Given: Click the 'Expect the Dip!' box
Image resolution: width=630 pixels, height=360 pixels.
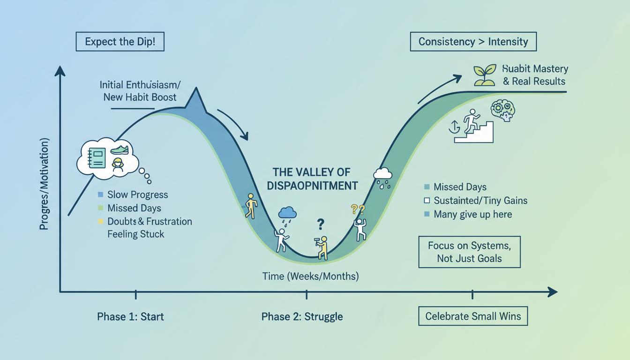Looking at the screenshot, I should (x=120, y=42).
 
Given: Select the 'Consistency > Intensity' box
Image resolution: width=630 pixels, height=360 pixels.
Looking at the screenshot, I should (x=473, y=42).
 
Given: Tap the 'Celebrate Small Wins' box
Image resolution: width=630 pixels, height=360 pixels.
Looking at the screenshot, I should (x=473, y=316).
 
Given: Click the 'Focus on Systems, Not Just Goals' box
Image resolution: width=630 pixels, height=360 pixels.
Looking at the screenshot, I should (x=469, y=252).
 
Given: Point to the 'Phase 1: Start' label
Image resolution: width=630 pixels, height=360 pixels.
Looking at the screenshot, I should (x=130, y=316).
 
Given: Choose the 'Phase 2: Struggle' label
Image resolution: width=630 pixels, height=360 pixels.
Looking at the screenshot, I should (x=302, y=316).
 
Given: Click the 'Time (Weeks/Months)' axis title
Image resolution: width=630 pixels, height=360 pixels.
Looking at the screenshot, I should (x=310, y=276).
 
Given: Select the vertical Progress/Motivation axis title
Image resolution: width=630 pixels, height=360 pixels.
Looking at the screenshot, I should (x=45, y=184).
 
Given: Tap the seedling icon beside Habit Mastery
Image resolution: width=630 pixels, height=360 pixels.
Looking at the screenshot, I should (x=485, y=75).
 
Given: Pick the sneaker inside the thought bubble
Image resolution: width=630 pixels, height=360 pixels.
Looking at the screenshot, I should (x=120, y=150).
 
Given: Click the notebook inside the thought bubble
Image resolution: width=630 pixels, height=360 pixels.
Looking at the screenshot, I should (x=97, y=158).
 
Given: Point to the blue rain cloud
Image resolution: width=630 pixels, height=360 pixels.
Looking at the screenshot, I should (x=287, y=214).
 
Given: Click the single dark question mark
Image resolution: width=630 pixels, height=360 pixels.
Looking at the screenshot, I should (x=320, y=224).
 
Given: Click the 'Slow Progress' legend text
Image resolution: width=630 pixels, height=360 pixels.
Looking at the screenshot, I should (x=137, y=195).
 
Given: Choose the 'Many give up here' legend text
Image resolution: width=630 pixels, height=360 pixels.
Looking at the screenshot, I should (x=472, y=214).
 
